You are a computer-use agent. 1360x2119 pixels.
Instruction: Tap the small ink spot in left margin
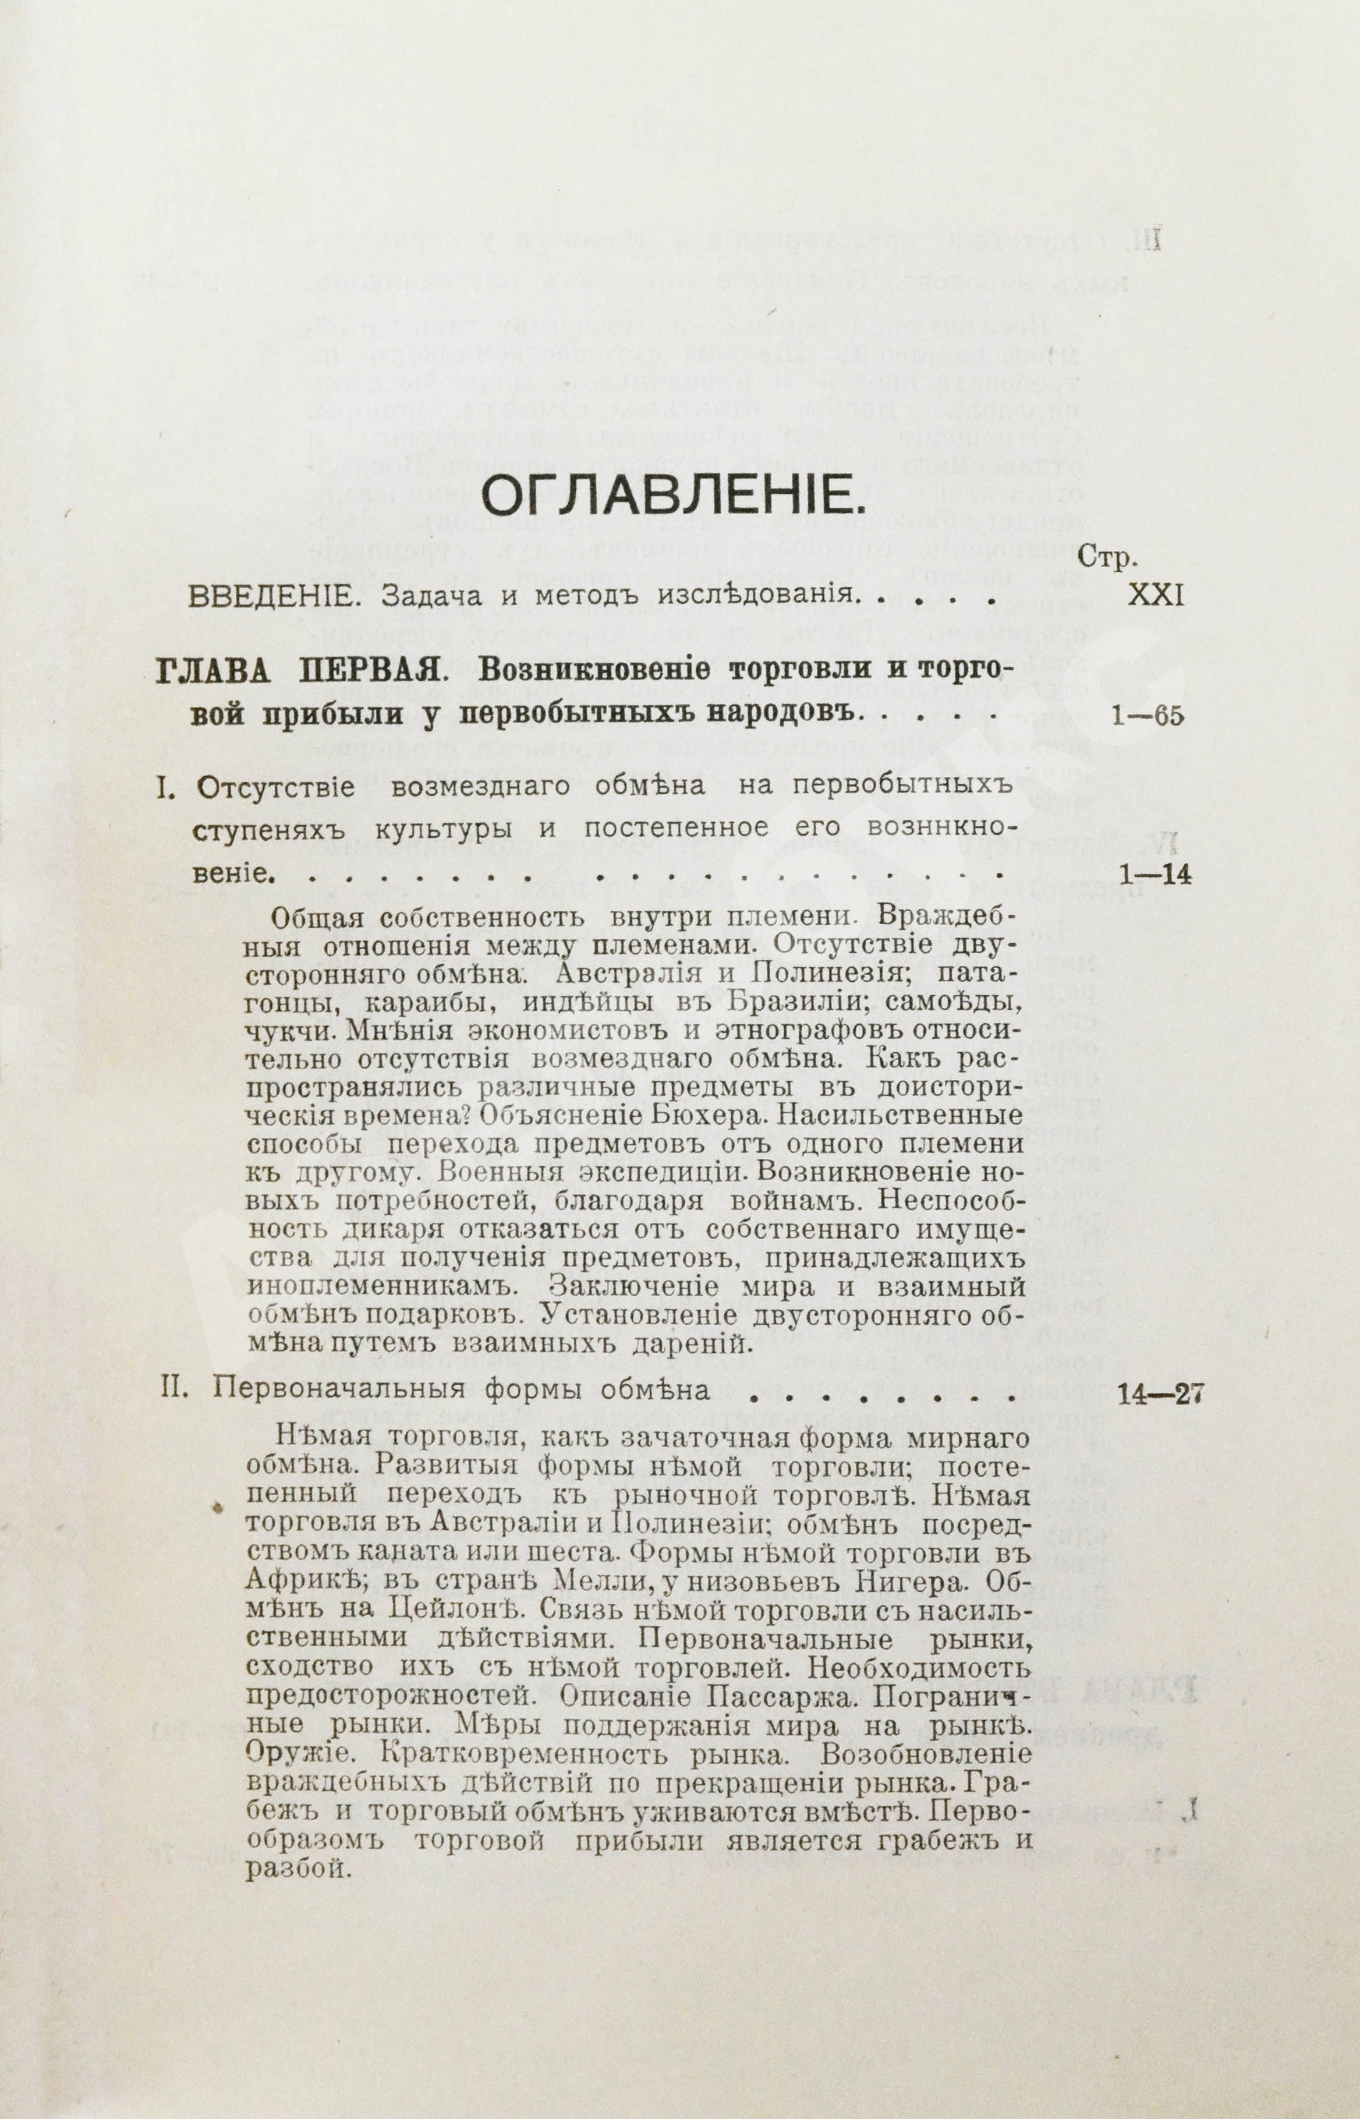point(217,1509)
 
